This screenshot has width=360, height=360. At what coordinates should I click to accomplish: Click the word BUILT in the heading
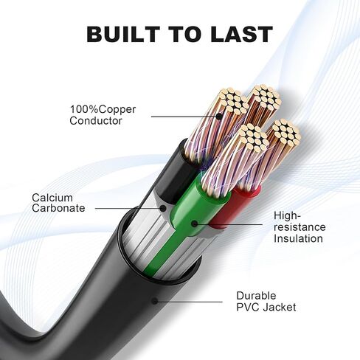pyautogui.click(x=122, y=34)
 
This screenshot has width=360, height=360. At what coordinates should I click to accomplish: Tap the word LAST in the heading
pyautogui.click(x=241, y=34)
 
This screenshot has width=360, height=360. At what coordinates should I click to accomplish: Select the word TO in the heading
pyautogui.click(x=185, y=34)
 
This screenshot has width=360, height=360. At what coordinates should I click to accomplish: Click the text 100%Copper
pyautogui.click(x=103, y=109)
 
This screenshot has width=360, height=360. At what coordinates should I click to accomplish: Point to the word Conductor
pyautogui.click(x=96, y=121)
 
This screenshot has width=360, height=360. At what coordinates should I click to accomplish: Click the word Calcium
pyautogui.click(x=52, y=198)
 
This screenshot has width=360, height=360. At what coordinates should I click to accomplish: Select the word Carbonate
pyautogui.click(x=58, y=208)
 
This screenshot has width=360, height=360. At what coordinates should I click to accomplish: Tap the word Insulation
pyautogui.click(x=298, y=238)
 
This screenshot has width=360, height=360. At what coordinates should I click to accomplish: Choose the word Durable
pyautogui.click(x=256, y=296)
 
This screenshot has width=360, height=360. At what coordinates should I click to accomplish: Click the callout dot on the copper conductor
pyautogui.click(x=218, y=117)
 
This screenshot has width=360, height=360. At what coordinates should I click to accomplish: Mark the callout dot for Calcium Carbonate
pyautogui.click(x=162, y=208)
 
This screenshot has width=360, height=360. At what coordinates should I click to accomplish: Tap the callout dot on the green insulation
pyautogui.click(x=195, y=224)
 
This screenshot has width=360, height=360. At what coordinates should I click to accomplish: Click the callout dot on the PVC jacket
pyautogui.click(x=155, y=301)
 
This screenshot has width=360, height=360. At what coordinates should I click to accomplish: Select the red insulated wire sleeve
pyautogui.click(x=235, y=209)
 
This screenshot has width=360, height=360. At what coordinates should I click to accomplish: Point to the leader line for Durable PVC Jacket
pyautogui.click(x=189, y=302)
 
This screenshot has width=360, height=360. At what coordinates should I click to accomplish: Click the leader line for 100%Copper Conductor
pyautogui.click(x=184, y=117)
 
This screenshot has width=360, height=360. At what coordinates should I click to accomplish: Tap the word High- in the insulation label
pyautogui.click(x=287, y=215)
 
